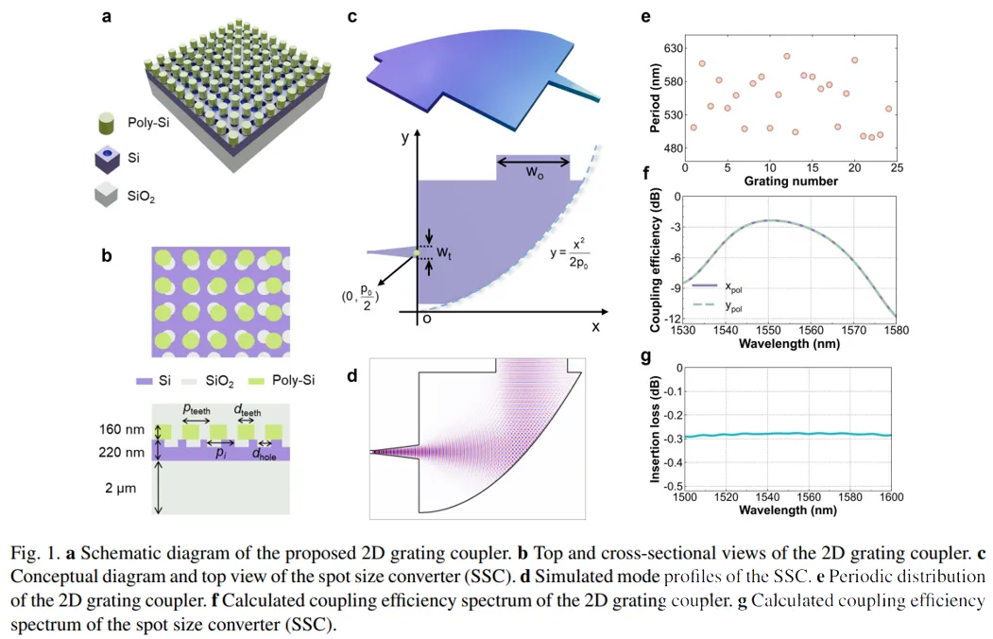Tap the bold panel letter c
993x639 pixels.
[351, 18]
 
